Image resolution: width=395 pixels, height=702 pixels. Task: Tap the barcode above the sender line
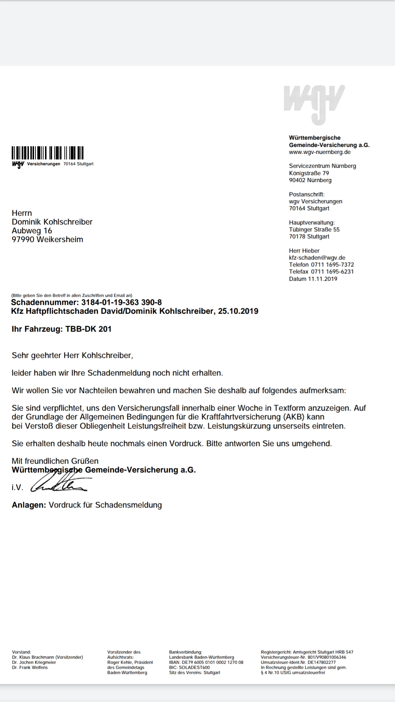tap(48, 153)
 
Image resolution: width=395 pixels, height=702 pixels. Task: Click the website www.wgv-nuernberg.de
tap(320, 152)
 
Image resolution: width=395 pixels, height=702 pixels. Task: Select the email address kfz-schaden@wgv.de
tap(317, 258)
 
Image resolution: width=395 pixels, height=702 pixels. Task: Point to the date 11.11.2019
tap(322, 279)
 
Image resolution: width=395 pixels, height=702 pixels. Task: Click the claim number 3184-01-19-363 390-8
tap(121, 302)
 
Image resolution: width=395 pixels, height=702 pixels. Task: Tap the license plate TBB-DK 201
tap(88, 329)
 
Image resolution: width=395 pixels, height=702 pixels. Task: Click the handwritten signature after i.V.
tap(59, 485)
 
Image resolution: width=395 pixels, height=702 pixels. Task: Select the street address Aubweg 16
tap(32, 231)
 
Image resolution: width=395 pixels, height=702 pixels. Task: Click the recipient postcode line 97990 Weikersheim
tap(47, 239)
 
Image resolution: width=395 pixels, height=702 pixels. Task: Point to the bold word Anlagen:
tap(29, 505)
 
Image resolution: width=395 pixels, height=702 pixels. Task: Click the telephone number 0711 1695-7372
tap(332, 265)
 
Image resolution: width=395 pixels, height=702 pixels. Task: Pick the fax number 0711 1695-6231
tap(332, 272)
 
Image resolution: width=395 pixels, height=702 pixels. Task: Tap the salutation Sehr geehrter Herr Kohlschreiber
tap(72, 355)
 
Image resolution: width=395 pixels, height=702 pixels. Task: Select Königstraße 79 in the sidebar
tap(309, 173)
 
